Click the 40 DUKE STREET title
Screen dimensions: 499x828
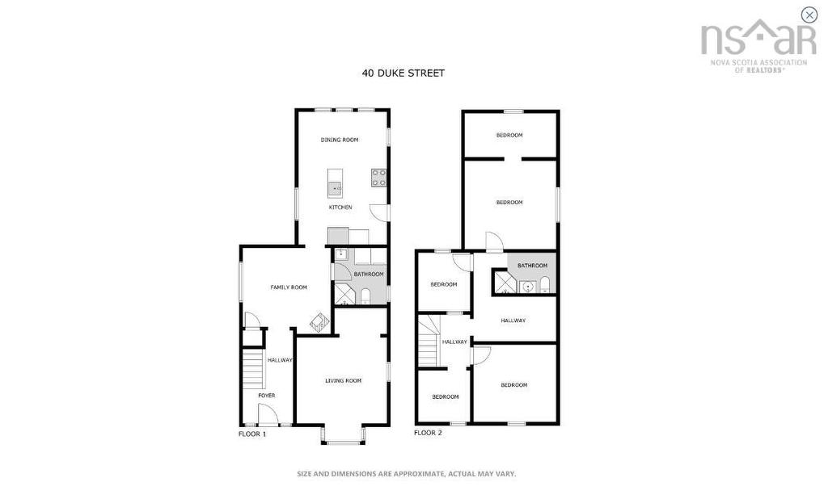[x=403, y=73]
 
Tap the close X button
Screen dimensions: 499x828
[x=809, y=15]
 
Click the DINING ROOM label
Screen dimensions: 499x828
[x=339, y=140]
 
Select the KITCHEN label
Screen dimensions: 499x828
[x=340, y=208]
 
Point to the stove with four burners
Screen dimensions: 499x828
[x=378, y=178]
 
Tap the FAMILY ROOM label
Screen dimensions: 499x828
[x=289, y=287]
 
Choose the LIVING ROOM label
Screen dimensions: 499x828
[x=343, y=380]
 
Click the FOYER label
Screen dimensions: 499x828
[x=266, y=396]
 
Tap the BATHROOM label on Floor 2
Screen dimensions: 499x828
[x=532, y=266]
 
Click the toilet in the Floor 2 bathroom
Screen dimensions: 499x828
[x=545, y=284]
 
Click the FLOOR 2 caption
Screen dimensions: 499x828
[x=428, y=434]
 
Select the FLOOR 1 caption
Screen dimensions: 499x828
[x=251, y=434]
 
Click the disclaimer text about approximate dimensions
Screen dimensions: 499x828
[x=406, y=474]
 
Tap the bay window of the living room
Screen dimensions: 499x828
[x=343, y=436]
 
